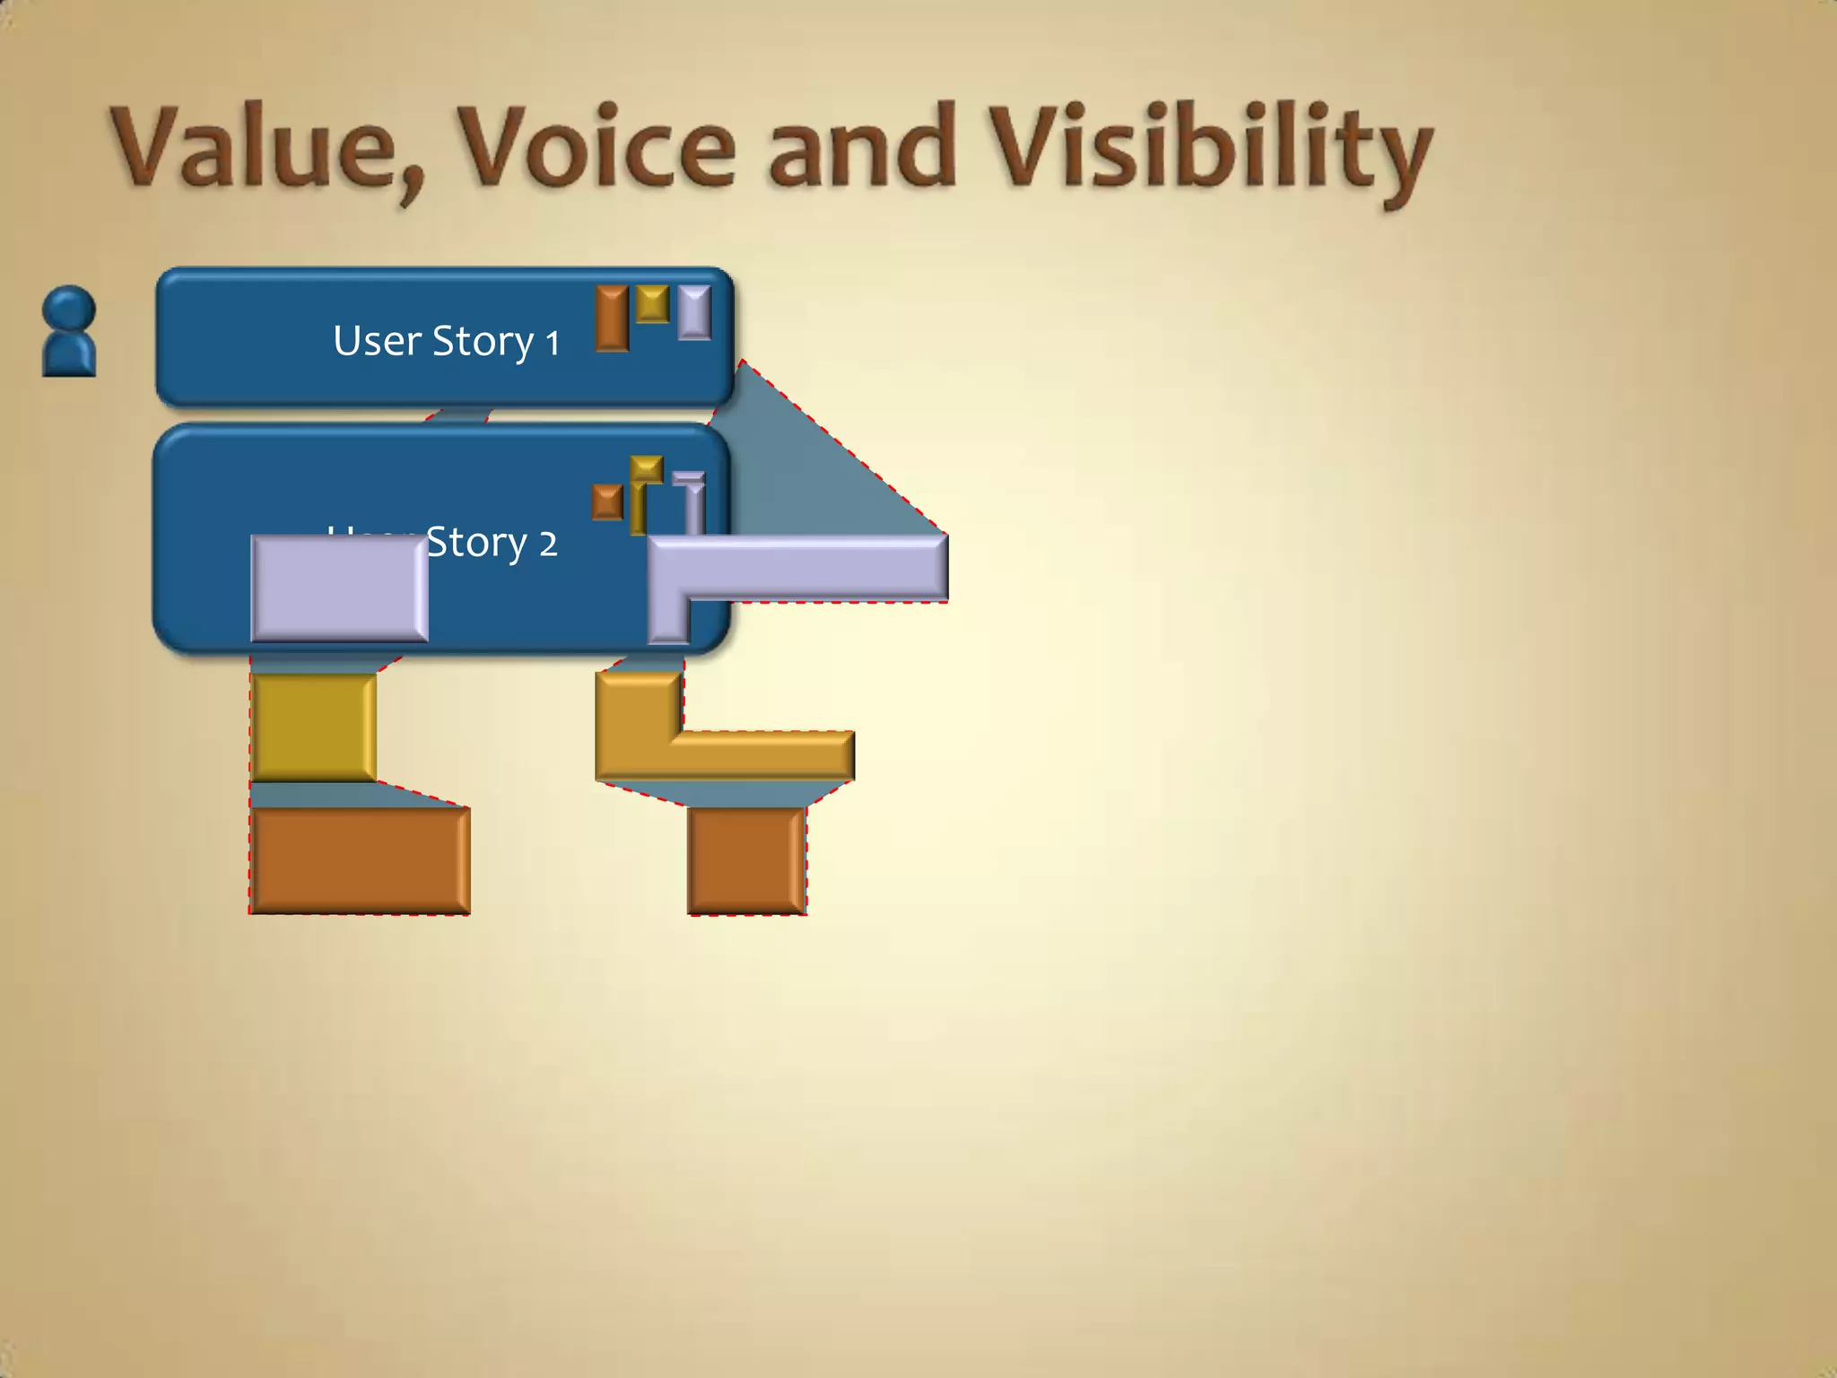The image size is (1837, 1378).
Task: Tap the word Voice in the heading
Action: [x=596, y=148]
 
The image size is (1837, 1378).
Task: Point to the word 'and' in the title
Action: [x=861, y=148]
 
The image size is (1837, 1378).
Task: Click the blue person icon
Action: [x=69, y=331]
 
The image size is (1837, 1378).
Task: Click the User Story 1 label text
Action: [x=446, y=342]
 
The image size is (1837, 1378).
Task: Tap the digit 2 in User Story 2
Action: [x=548, y=544]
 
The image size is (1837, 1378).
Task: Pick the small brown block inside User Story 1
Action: [x=613, y=318]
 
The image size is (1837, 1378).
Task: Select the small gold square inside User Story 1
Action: [x=652, y=303]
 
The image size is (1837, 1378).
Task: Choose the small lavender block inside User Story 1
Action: [x=694, y=312]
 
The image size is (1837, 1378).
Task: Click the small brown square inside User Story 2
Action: [x=607, y=502]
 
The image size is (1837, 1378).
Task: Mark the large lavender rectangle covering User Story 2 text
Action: [x=339, y=589]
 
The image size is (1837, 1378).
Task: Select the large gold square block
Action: [x=313, y=728]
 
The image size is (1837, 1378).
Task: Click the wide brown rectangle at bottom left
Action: [x=360, y=860]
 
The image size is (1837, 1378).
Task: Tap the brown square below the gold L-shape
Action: [x=746, y=860]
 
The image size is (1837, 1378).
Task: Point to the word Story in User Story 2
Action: [x=475, y=543]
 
